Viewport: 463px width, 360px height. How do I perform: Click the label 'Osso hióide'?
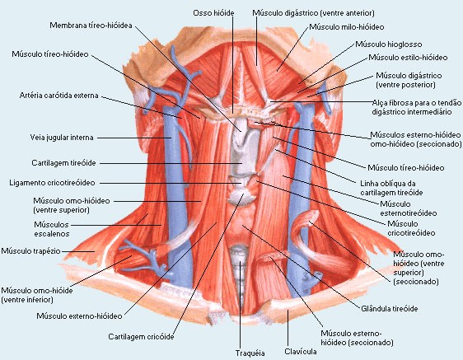(x=213, y=13)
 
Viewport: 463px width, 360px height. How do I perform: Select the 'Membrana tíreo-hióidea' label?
(x=91, y=26)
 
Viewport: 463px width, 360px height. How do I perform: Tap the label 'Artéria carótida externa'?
(x=58, y=96)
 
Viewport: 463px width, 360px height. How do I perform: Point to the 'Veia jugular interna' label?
(x=62, y=138)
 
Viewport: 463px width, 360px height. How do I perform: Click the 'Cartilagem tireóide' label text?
(x=63, y=163)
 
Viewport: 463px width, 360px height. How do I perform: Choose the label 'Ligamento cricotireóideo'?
(x=52, y=183)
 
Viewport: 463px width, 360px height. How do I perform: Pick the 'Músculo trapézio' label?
(x=30, y=251)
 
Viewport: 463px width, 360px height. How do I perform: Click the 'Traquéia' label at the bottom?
(x=250, y=353)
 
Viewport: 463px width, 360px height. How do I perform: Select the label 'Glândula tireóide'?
(x=390, y=309)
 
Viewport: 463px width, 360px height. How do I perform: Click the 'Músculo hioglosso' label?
(x=389, y=44)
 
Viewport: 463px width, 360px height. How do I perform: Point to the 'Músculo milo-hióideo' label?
(x=347, y=27)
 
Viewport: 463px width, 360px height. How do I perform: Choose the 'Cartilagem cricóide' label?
(x=141, y=337)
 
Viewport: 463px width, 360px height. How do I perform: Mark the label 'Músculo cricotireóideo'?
(x=411, y=228)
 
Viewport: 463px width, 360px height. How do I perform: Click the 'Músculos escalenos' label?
(x=52, y=229)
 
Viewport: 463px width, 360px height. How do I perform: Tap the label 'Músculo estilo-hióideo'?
(x=408, y=58)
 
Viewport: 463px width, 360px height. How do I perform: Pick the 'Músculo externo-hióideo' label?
(x=79, y=316)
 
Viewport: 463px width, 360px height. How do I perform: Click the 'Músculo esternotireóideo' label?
(x=409, y=208)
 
